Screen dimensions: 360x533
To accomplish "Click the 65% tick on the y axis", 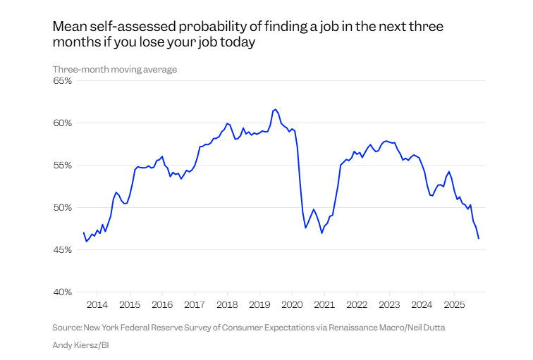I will (63, 81).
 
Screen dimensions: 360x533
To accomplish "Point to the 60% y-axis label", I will (63, 123).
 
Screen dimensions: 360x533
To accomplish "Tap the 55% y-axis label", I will (63, 166).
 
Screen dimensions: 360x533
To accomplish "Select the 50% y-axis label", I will (63, 208).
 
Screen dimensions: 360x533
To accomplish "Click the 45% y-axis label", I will (63, 250).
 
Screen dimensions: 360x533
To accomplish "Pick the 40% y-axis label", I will (63, 292).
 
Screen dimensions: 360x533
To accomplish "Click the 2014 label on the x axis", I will (97, 305).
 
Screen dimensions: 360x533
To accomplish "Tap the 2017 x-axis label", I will (195, 305).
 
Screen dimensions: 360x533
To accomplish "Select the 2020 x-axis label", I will (292, 305).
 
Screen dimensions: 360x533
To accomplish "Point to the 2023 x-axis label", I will (389, 305).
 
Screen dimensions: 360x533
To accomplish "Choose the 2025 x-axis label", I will (454, 305).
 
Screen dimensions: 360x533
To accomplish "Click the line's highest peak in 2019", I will (275, 109).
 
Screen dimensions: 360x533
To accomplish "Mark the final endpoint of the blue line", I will (479, 238).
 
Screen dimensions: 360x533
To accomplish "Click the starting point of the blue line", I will (83, 232).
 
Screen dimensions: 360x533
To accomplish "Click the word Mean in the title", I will (69, 27).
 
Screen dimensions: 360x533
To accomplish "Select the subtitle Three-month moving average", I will (115, 69).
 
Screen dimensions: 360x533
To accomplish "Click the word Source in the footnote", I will (68, 328).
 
